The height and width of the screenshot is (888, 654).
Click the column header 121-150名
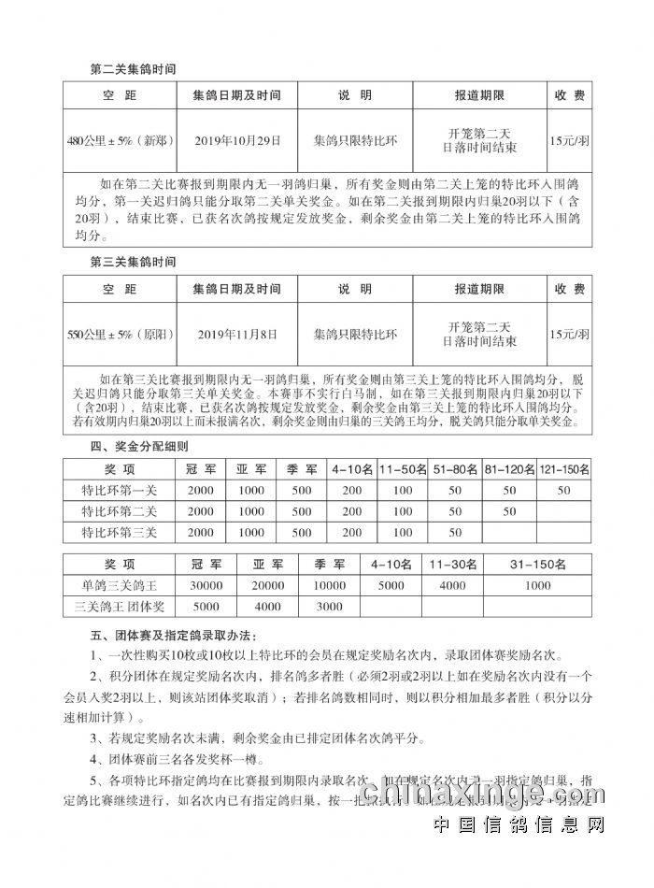point(564,469)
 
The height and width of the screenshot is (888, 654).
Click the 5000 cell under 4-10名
point(391,585)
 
